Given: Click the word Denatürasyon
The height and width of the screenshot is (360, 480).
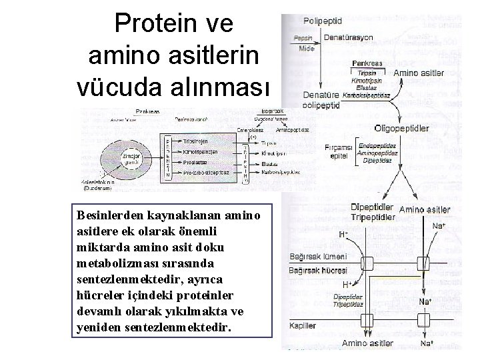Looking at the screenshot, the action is tap(349, 37).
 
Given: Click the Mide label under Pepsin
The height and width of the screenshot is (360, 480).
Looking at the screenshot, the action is tap(306, 48).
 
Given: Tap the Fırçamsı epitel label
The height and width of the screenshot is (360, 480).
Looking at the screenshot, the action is tap(338, 151).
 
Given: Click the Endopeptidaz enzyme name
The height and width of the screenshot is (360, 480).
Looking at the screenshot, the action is tap(377, 145).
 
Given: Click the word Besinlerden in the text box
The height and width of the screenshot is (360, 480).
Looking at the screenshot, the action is tap(110, 215).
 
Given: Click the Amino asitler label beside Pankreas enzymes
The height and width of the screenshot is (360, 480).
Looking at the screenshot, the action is tap(419, 72).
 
